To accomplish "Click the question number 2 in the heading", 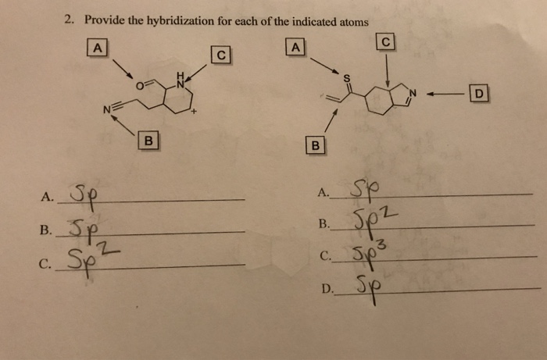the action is click(69, 21).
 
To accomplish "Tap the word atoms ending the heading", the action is click(352, 21).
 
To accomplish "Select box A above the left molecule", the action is click(97, 48).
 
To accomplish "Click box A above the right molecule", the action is click(295, 48).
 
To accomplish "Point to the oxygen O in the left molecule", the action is click(139, 84).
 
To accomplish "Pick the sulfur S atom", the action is click(346, 77).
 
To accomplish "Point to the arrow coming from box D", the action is click(452, 94).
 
